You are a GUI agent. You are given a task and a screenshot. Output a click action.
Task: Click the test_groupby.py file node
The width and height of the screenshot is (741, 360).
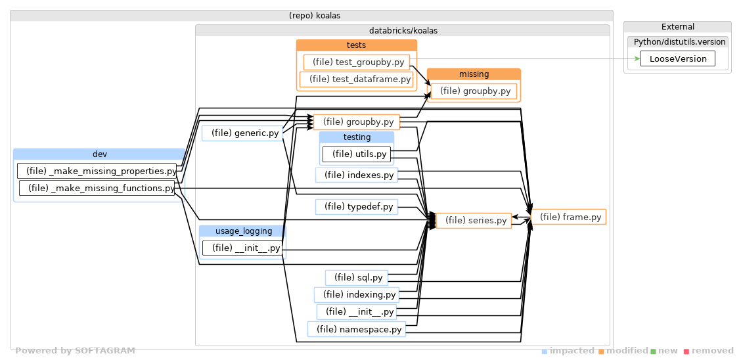(x=357, y=62)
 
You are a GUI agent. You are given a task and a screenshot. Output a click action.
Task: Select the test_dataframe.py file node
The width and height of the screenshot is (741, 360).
(x=357, y=79)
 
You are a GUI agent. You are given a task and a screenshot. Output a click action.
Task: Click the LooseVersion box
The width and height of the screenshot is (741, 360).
(x=677, y=58)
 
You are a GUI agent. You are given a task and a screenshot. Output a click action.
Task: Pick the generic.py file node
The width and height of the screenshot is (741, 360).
(x=241, y=133)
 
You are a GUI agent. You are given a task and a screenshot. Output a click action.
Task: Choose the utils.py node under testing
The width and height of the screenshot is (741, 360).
(x=356, y=154)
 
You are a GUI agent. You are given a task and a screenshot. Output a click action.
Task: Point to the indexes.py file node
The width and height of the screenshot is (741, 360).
(x=357, y=175)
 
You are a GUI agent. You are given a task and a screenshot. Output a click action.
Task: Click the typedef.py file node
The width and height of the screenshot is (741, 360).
(x=357, y=207)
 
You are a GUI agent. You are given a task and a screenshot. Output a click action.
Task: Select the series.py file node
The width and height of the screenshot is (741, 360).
(x=474, y=221)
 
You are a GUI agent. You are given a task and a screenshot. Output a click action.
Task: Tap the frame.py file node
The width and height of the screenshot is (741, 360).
(x=568, y=217)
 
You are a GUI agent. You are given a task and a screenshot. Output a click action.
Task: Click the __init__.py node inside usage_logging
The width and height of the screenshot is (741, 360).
(x=242, y=248)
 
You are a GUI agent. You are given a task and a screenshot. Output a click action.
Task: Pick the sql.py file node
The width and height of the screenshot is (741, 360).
(x=356, y=277)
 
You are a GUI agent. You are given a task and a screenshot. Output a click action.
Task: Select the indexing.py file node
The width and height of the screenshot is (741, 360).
(x=357, y=295)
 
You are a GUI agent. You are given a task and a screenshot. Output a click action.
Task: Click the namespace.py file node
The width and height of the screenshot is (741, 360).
(x=357, y=329)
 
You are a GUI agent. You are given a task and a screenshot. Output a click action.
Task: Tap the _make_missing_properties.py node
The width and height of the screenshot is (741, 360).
(x=97, y=171)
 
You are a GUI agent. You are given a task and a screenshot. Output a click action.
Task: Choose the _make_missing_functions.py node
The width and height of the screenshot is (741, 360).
(x=97, y=188)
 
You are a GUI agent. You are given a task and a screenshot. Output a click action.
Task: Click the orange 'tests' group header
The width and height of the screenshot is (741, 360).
(x=357, y=45)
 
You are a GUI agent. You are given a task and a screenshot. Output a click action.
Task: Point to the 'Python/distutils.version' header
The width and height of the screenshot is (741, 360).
(x=677, y=42)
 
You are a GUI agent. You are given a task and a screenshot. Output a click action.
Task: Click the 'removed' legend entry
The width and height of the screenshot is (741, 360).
(x=709, y=351)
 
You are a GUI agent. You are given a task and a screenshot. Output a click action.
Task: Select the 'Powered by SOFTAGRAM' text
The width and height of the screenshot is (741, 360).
(x=75, y=351)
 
